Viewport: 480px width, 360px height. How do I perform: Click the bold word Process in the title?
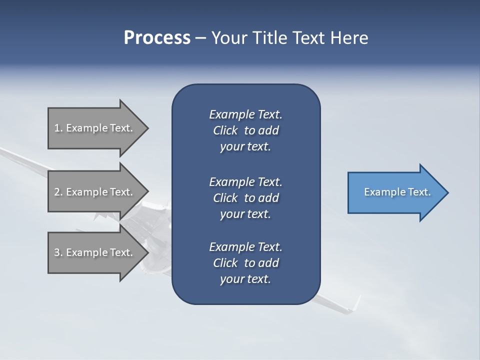[x=157, y=38]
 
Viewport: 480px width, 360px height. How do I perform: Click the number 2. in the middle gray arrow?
[x=58, y=192]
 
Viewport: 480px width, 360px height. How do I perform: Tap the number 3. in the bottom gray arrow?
[x=58, y=252]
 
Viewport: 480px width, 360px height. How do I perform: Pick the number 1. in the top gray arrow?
[x=58, y=128]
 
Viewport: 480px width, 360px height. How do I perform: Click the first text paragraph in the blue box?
[x=245, y=130]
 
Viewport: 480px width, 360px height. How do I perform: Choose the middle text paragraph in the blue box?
[x=245, y=197]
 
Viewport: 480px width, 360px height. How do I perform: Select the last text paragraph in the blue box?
[x=245, y=263]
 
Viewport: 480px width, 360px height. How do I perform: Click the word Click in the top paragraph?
[x=225, y=130]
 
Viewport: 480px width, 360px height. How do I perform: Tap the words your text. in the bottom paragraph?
[x=245, y=279]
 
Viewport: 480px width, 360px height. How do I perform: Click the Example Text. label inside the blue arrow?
[x=397, y=192]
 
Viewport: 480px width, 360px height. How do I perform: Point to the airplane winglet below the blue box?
[x=355, y=304]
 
